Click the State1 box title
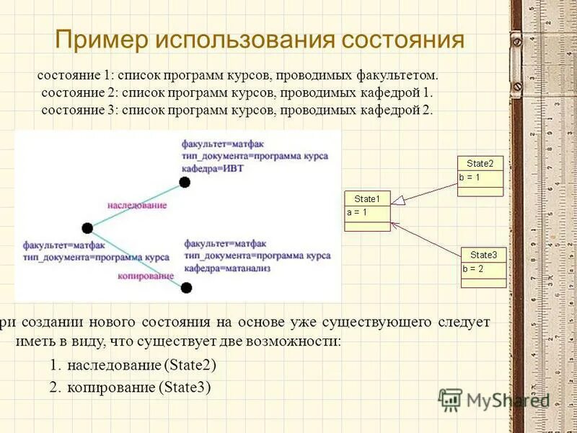[367, 199]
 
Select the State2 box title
[480, 164]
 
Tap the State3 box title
[483, 255]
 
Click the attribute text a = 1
[357, 212]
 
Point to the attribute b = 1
[470, 177]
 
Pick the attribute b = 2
[473, 268]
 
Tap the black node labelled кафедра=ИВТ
[185, 182]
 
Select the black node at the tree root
[87, 228]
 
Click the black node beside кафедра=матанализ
[186, 288]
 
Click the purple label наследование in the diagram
[137, 205]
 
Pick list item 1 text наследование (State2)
[141, 365]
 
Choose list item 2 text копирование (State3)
[138, 388]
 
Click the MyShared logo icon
[450, 399]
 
